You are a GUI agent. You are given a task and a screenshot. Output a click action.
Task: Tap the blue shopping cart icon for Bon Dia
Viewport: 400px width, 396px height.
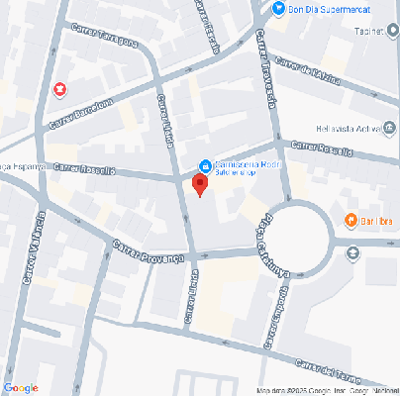point(280,10)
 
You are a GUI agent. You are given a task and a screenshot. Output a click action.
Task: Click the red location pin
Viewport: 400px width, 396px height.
point(200,185)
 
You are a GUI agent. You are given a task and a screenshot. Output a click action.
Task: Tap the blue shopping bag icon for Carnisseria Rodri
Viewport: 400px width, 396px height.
point(205,165)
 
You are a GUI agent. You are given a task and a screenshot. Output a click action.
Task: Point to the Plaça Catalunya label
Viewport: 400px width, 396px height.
point(262,241)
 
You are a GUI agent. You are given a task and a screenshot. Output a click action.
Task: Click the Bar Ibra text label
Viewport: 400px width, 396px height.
point(376,219)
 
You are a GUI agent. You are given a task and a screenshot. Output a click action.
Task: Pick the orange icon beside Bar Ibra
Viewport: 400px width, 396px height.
point(350,219)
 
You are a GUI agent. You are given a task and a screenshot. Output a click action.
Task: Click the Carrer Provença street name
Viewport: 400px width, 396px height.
point(149,251)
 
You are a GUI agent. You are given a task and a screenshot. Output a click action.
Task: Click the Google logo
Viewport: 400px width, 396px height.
point(21,387)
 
